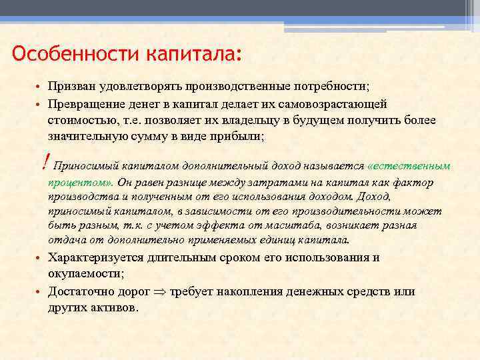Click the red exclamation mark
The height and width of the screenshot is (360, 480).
pyautogui.click(x=44, y=161)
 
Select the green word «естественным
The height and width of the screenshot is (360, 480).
pyautogui.click(x=409, y=165)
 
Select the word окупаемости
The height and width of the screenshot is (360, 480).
pyautogui.click(x=85, y=274)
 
